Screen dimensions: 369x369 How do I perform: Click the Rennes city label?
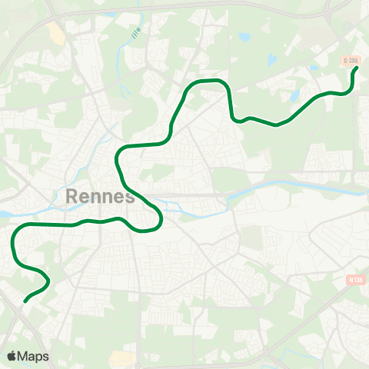coord(101,197)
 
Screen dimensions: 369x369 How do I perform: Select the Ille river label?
coord(137,35)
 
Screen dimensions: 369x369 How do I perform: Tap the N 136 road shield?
coord(354,281)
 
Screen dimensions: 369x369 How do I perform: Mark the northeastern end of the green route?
coord(357,68)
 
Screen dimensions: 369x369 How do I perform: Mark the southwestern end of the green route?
coord(25,301)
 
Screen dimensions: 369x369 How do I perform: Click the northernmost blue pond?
coord(244,36)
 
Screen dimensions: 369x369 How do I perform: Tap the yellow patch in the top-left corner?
coord(55,32)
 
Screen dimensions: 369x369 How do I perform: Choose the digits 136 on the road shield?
coord(357,281)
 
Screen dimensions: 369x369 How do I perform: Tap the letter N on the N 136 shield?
coord(350,281)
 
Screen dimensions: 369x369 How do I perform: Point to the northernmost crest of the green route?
coord(211,80)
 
